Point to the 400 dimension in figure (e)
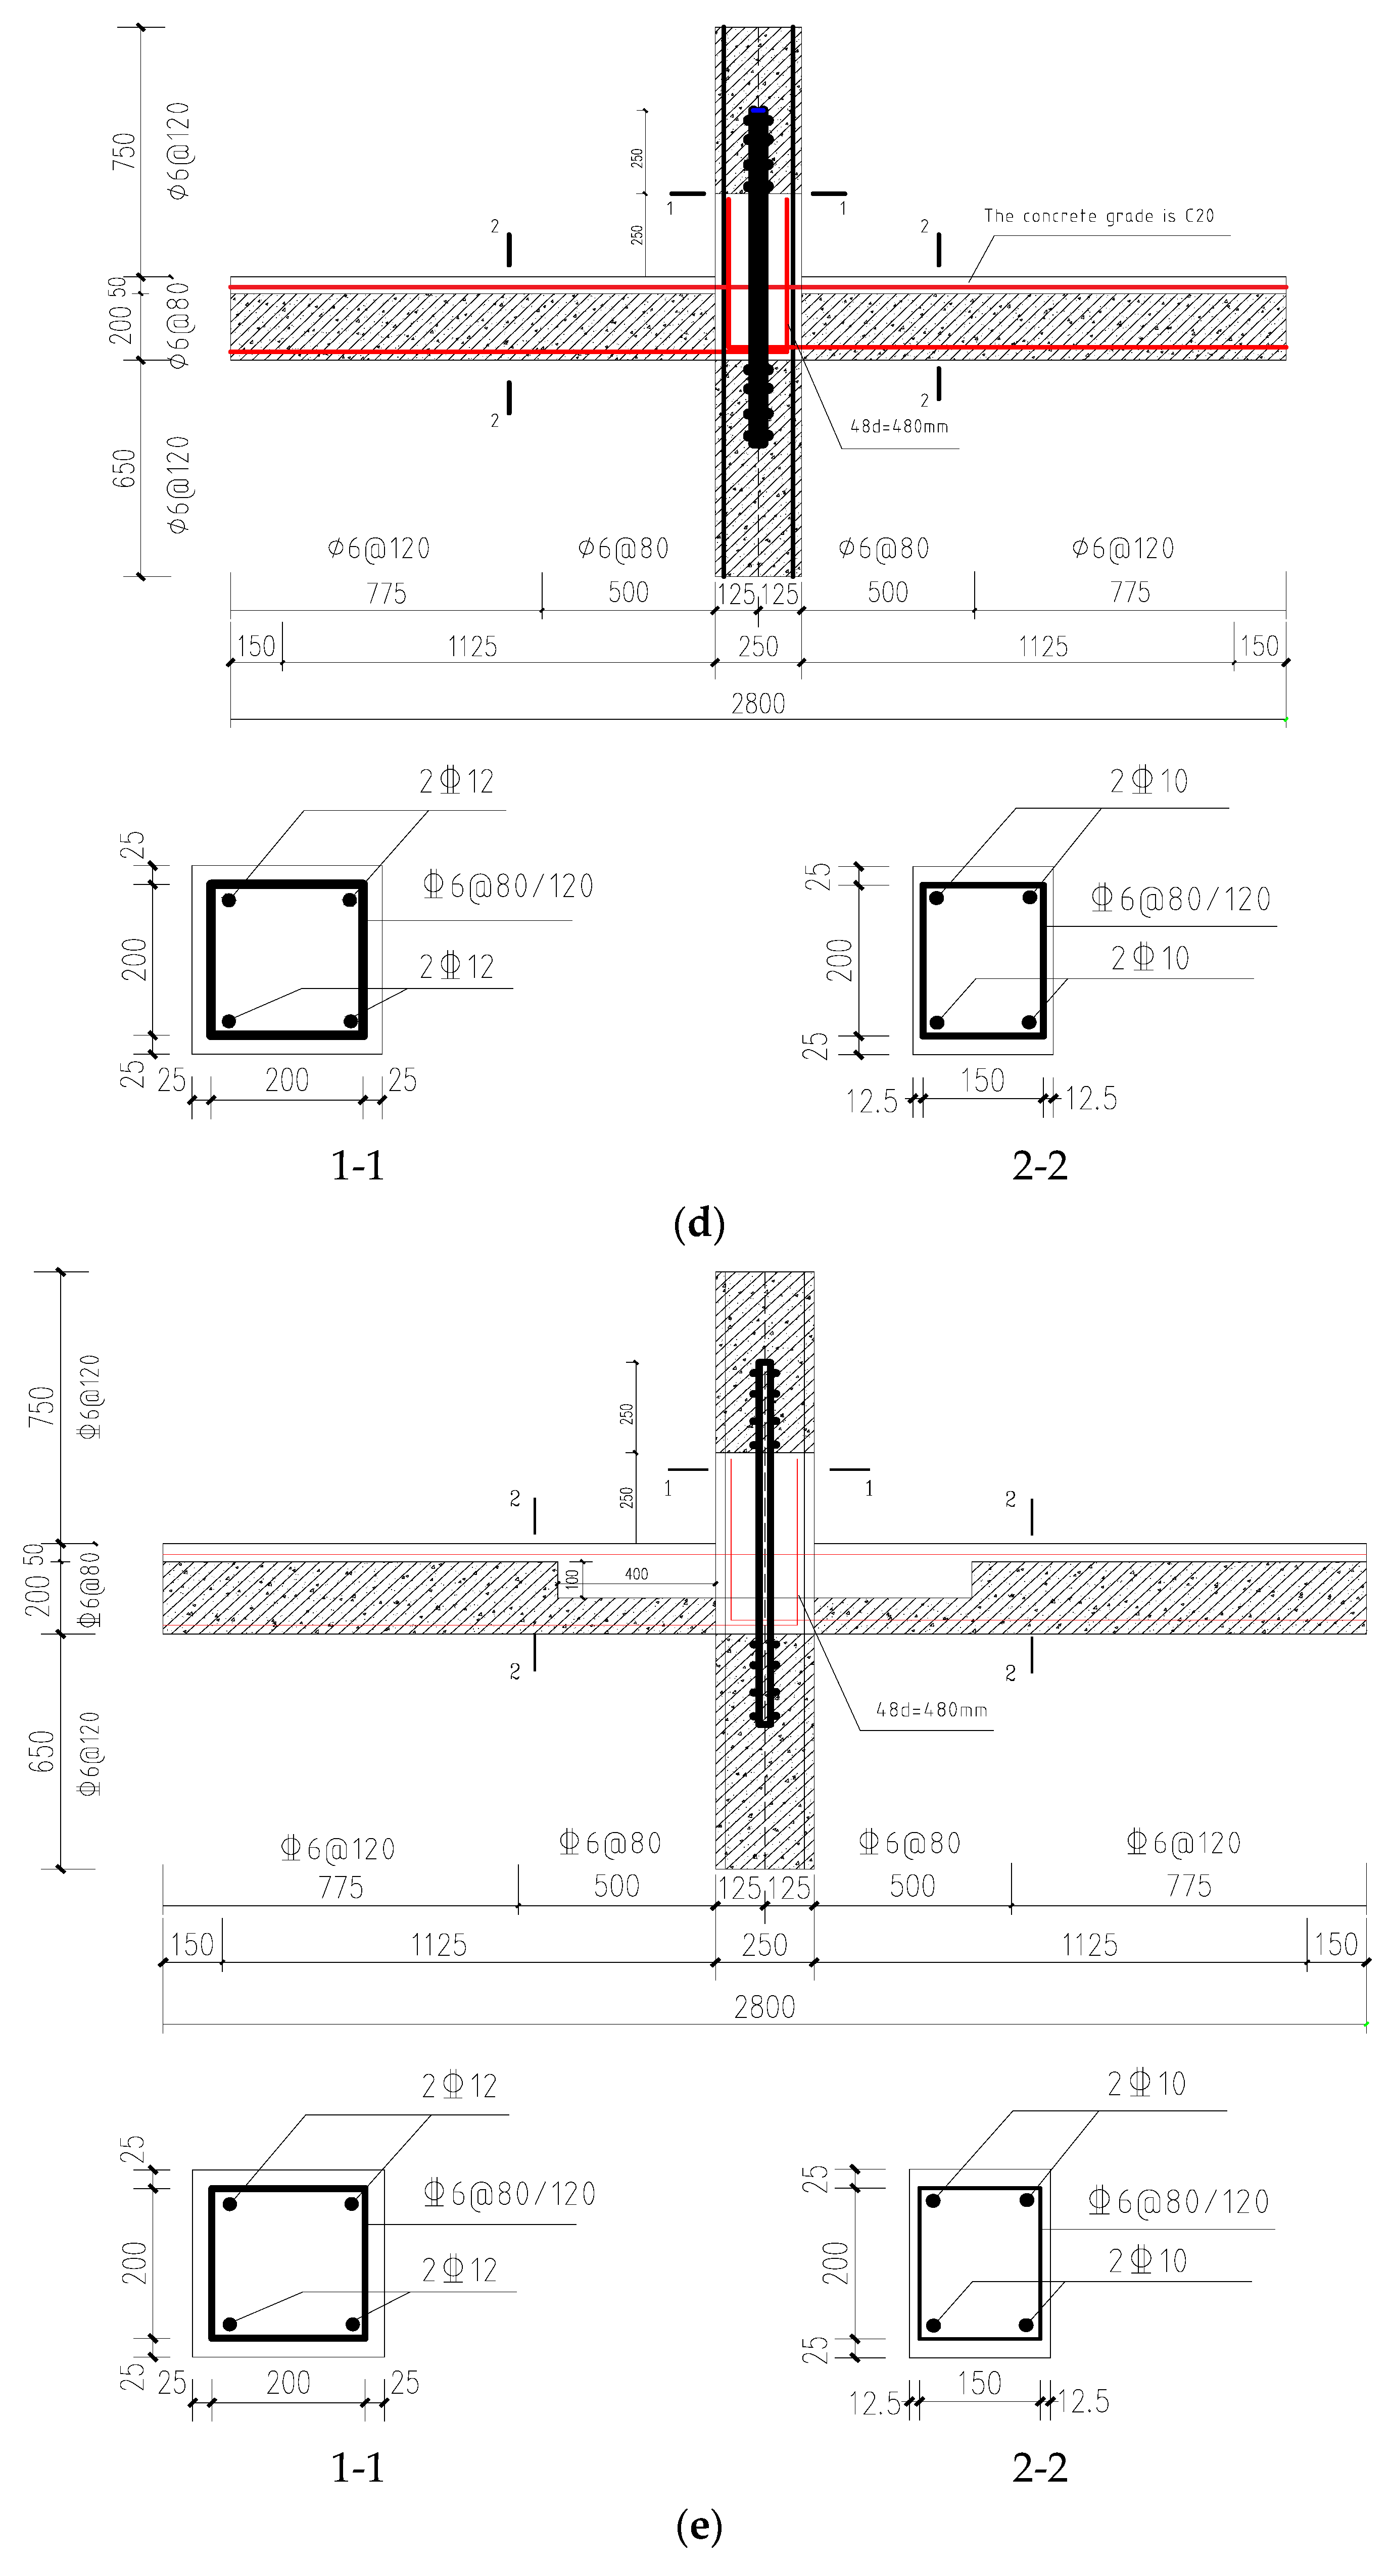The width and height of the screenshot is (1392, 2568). [x=636, y=1574]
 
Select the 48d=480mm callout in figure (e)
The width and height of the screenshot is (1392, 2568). [x=931, y=1710]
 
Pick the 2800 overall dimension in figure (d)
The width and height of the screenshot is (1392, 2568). [x=758, y=704]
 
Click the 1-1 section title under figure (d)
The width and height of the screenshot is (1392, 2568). [x=357, y=1164]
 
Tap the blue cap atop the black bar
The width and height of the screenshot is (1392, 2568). [x=758, y=110]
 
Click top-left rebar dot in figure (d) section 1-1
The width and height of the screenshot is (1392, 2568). [x=229, y=900]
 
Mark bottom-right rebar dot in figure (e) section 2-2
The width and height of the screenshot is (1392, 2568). [x=1026, y=2326]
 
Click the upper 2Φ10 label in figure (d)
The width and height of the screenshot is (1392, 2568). [x=1148, y=780]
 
